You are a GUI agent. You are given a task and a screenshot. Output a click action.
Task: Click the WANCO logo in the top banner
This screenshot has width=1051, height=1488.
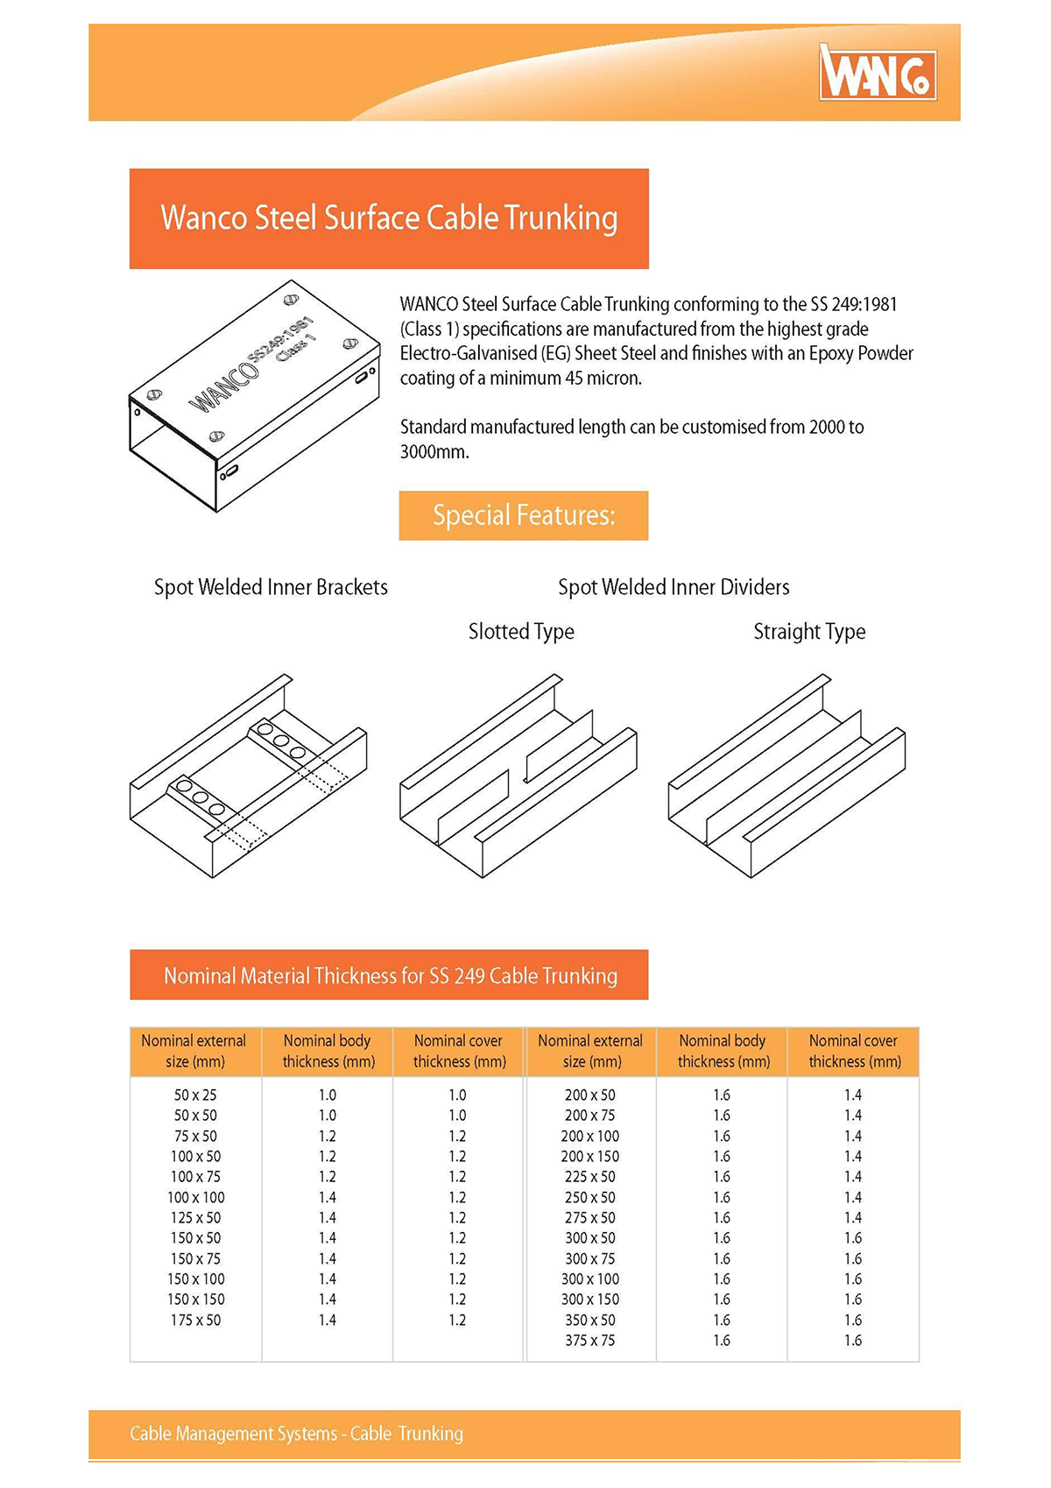click(x=878, y=73)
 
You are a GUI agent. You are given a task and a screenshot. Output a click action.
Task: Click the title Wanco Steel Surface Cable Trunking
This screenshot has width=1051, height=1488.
click(x=389, y=218)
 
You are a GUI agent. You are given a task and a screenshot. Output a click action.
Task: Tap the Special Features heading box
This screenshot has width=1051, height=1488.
click(x=523, y=515)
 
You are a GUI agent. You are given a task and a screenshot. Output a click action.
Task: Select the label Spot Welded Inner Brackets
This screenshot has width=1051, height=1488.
click(x=271, y=587)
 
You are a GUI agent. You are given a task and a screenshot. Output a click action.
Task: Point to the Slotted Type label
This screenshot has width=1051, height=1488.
click(x=521, y=632)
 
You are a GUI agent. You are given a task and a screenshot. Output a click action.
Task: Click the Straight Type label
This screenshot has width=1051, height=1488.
click(x=809, y=632)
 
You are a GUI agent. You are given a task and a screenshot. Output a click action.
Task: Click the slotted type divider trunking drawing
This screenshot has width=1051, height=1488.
click(x=518, y=776)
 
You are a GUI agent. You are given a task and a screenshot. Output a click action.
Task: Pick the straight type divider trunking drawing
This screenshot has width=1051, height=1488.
click(x=786, y=776)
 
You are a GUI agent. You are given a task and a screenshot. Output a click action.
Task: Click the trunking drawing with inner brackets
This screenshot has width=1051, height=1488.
click(x=249, y=776)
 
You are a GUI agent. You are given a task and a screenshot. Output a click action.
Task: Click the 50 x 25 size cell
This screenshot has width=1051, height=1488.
click(x=195, y=1095)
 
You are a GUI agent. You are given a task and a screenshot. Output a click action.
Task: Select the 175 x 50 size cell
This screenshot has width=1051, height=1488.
click(x=195, y=1320)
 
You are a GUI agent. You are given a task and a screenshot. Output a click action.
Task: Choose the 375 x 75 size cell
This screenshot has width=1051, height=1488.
click(x=589, y=1340)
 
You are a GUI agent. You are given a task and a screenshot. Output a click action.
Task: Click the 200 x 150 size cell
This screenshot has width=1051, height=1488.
click(x=589, y=1156)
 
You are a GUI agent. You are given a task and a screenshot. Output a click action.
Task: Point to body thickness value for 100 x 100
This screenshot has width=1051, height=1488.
click(x=327, y=1197)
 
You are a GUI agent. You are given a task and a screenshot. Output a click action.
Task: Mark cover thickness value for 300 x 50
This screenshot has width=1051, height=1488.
click(x=853, y=1237)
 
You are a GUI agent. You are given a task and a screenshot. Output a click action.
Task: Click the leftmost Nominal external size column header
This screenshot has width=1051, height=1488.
click(x=194, y=1051)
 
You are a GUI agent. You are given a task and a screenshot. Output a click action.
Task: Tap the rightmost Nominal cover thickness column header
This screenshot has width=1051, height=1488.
click(x=854, y=1051)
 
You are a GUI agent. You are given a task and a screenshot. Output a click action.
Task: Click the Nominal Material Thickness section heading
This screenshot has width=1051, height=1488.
click(x=390, y=975)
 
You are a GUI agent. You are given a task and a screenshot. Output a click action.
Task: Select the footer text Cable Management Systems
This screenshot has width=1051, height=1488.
click(x=296, y=1434)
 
